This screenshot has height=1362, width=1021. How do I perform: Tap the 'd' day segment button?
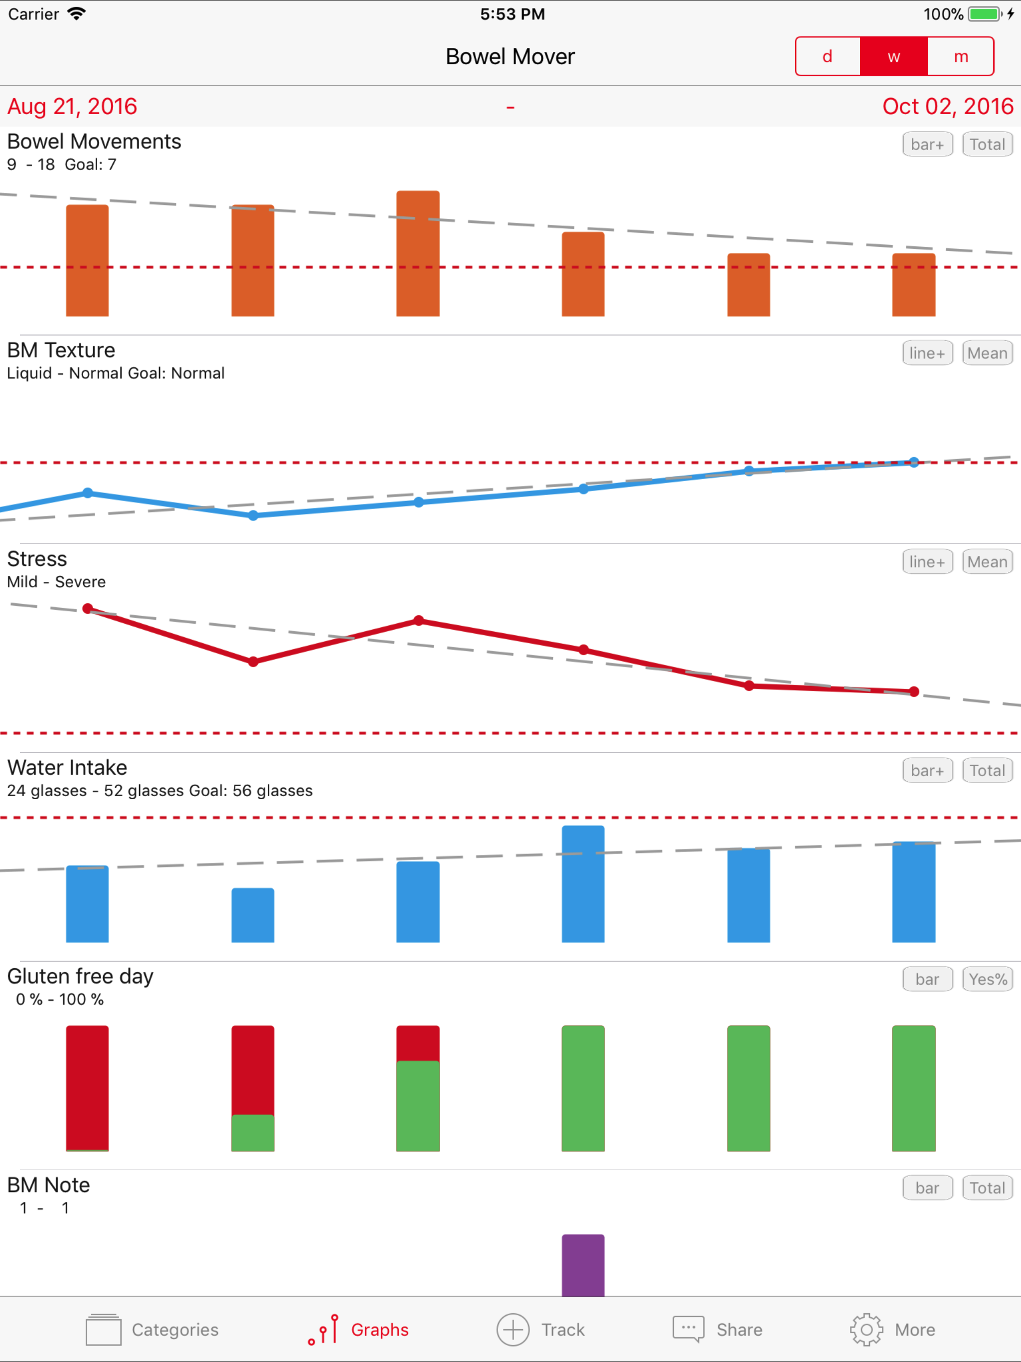pyautogui.click(x=828, y=57)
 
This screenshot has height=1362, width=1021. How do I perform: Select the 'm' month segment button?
pyautogui.click(x=961, y=57)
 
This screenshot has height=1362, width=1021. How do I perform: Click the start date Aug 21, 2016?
pyautogui.click(x=72, y=107)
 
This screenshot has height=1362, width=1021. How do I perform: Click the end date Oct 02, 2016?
pyautogui.click(x=948, y=107)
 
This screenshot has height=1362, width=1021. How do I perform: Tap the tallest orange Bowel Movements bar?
pyautogui.click(x=418, y=254)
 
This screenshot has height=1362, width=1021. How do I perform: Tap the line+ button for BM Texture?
pyautogui.click(x=927, y=353)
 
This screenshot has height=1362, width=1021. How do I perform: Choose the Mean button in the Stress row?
pyautogui.click(x=987, y=562)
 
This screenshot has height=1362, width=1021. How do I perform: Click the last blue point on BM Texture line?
pyautogui.click(x=914, y=463)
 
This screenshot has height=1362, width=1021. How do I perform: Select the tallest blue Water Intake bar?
pyautogui.click(x=583, y=884)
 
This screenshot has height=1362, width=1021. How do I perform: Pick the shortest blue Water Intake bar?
pyautogui.click(x=252, y=916)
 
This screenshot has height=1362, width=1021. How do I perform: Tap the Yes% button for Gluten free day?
pyautogui.click(x=987, y=980)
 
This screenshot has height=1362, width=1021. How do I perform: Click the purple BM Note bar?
pyautogui.click(x=583, y=1265)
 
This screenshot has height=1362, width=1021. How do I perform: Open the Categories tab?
pyautogui.click(x=152, y=1330)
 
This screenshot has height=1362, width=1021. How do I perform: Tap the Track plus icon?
pyautogui.click(x=513, y=1330)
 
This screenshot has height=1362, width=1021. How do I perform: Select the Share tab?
pyautogui.click(x=717, y=1330)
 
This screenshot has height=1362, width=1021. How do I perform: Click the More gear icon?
pyautogui.click(x=866, y=1330)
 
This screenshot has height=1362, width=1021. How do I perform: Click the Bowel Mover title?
pyautogui.click(x=510, y=57)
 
